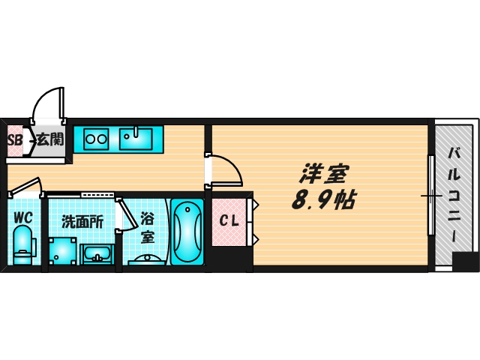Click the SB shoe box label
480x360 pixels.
coord(14,139)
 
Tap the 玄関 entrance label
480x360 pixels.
coord(49,139)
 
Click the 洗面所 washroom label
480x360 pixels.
coord(82,221)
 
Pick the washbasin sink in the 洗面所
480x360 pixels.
coord(97,254)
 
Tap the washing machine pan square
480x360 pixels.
coord(62,250)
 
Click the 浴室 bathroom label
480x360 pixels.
coord(148,226)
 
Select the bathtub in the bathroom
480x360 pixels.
coord(186,231)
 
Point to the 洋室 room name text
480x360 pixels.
coord(323,174)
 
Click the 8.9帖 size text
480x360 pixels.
coord(323,200)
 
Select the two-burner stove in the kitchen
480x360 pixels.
coord(97,137)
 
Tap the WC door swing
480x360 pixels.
coord(27,185)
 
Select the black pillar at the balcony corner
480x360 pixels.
coord(466,262)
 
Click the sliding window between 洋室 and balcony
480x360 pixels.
coord(430,196)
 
